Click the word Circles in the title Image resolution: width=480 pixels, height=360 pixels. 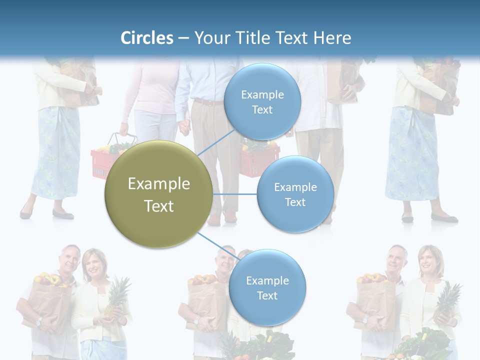coord(146,38)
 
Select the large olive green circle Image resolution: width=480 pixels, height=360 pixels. coord(158,194)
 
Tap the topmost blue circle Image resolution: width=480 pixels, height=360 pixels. coord(262,101)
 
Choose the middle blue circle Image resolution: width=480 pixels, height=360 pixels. coord(295,194)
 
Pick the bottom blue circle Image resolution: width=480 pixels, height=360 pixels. coord(267,287)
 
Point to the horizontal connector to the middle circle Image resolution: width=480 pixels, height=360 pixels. coord(234,194)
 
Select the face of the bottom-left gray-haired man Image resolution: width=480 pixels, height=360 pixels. coord(69,258)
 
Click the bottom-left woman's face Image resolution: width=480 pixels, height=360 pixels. coord(93,263)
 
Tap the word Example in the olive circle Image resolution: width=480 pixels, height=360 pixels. coord(158,183)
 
